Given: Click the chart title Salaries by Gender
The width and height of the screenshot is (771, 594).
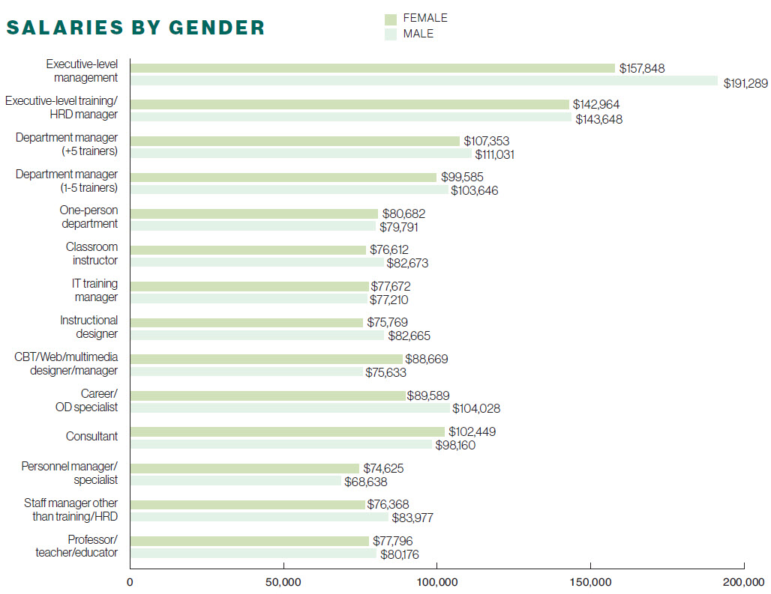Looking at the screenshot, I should tap(136, 28).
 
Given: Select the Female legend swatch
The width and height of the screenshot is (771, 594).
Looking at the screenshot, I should tap(391, 19).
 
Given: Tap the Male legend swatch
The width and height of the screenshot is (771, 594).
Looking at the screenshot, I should tap(391, 34).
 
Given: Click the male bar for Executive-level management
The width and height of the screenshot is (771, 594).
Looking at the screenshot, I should tap(424, 81).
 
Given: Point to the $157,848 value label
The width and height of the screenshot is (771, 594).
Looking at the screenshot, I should tap(642, 68).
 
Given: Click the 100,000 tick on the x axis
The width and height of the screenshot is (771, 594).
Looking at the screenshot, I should tap(436, 582).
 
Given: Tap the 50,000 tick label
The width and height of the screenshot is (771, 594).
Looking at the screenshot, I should tap(283, 582).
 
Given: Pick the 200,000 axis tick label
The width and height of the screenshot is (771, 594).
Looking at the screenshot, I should tap(743, 582).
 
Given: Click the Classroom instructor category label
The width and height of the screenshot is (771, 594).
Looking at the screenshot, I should tap(91, 253).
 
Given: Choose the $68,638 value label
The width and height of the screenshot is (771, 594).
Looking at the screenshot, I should tap(365, 482).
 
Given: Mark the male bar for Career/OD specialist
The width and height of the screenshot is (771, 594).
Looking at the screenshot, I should tap(290, 408).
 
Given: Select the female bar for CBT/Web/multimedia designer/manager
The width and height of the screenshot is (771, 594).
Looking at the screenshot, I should tap(266, 359).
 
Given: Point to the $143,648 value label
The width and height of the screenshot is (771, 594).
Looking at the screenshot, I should tap(598, 119).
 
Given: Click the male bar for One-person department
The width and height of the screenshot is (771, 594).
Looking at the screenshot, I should tap(253, 226).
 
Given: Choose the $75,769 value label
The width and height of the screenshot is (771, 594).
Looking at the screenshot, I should tap(385, 323).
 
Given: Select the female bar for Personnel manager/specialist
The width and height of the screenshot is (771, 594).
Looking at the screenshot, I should tap(244, 468).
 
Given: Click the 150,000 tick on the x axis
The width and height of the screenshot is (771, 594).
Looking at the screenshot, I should tap(590, 582).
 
